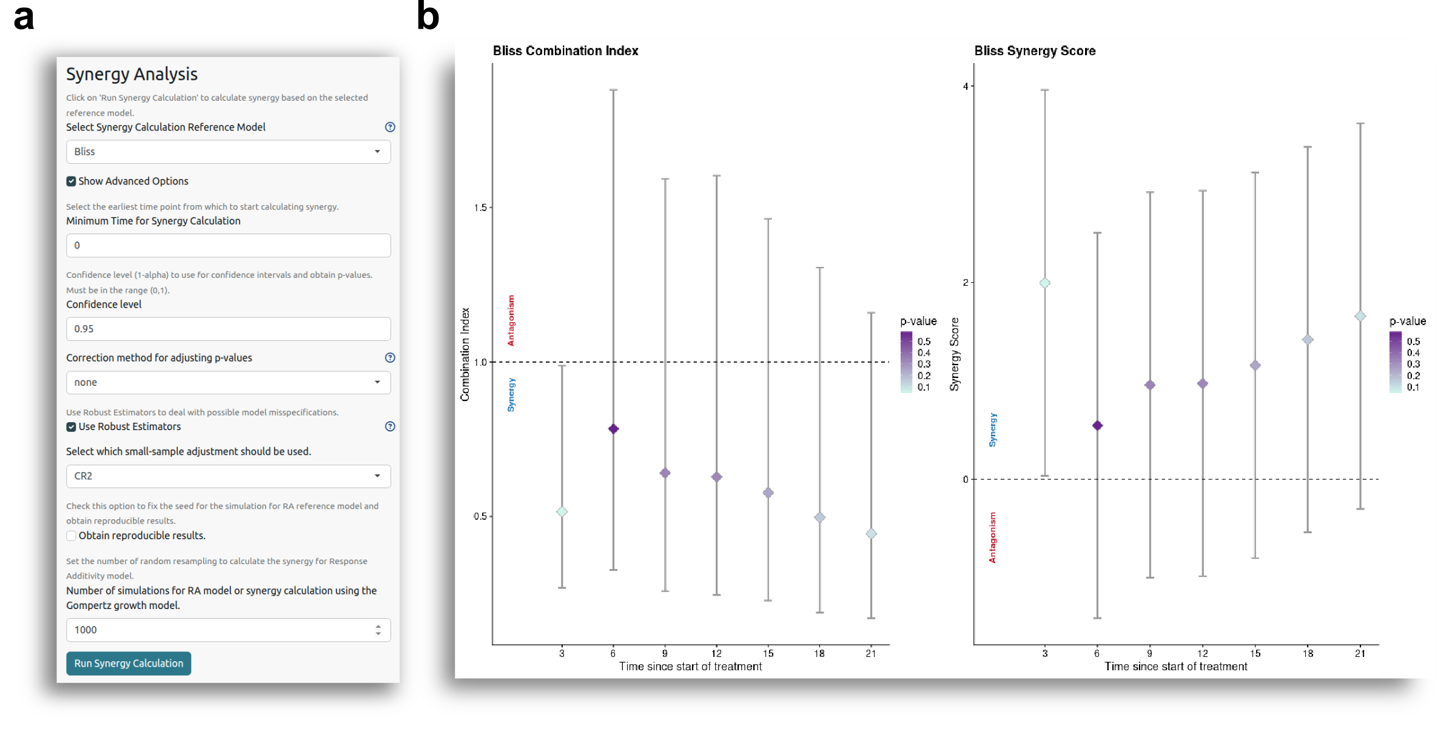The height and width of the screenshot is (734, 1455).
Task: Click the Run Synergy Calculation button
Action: [x=129, y=664]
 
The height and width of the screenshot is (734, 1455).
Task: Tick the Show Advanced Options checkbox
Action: [x=72, y=181]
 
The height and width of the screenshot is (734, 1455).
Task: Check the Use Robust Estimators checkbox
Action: [x=72, y=427]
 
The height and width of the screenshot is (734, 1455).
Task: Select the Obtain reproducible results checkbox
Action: [x=72, y=536]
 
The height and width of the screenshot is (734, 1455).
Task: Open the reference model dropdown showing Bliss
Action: [x=228, y=152]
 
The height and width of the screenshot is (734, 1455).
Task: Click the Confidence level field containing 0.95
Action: [x=228, y=329]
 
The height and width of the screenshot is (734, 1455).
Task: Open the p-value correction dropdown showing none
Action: [x=228, y=383]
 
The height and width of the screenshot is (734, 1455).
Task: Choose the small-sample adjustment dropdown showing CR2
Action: [x=228, y=476]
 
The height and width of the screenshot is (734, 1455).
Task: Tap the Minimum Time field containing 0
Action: [x=228, y=246]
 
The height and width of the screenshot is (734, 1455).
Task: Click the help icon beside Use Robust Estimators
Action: [x=390, y=426]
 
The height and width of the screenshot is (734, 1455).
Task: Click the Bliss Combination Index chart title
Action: [x=565, y=51]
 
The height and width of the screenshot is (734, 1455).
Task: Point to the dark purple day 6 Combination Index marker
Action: [x=613, y=429]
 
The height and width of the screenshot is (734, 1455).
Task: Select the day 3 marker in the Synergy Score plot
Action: [x=1045, y=283]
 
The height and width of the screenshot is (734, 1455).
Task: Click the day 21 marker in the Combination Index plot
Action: [x=871, y=534]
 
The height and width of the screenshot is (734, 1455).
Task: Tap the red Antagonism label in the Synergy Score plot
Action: [x=993, y=537]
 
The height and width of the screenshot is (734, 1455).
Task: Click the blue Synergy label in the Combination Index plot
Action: [x=511, y=395]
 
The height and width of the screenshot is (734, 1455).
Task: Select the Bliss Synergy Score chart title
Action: [x=1035, y=51]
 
